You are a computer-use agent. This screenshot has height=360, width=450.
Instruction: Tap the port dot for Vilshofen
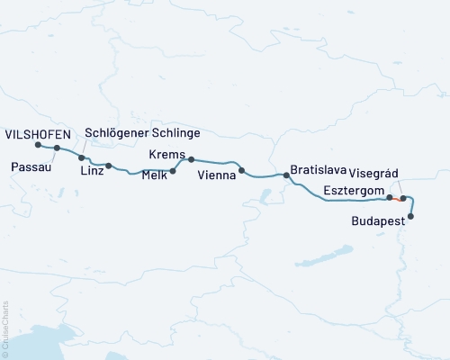pos(38,144)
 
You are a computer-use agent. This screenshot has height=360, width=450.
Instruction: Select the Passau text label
pos(31,166)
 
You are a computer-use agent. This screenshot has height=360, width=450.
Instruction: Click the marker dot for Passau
pos(57,148)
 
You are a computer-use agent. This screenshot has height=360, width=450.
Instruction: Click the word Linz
pos(91,171)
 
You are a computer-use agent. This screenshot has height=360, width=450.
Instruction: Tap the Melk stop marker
pos(172,170)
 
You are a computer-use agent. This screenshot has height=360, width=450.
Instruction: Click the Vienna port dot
pos(241,169)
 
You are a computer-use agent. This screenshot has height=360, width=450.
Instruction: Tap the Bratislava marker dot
pos(286,175)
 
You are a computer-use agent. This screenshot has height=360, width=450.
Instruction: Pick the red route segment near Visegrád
pos(396,198)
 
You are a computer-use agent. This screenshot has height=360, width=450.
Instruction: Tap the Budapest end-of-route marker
pos(411,216)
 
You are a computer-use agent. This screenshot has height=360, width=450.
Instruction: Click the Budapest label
pos(377,219)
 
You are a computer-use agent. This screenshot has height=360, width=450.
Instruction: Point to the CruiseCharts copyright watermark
pos(5,329)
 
